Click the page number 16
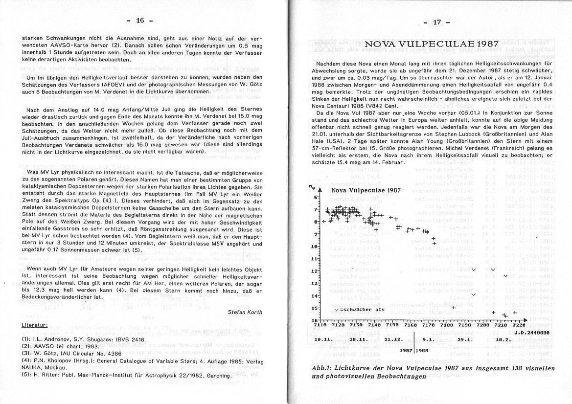coord(140,21)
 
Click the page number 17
coord(437,22)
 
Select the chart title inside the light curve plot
coord(366,190)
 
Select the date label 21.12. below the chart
coord(393,339)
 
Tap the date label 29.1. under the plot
coord(464,339)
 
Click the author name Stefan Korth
coord(245,312)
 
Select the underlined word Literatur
coord(34,325)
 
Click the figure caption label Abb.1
coord(322,367)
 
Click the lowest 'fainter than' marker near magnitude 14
coord(473,294)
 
